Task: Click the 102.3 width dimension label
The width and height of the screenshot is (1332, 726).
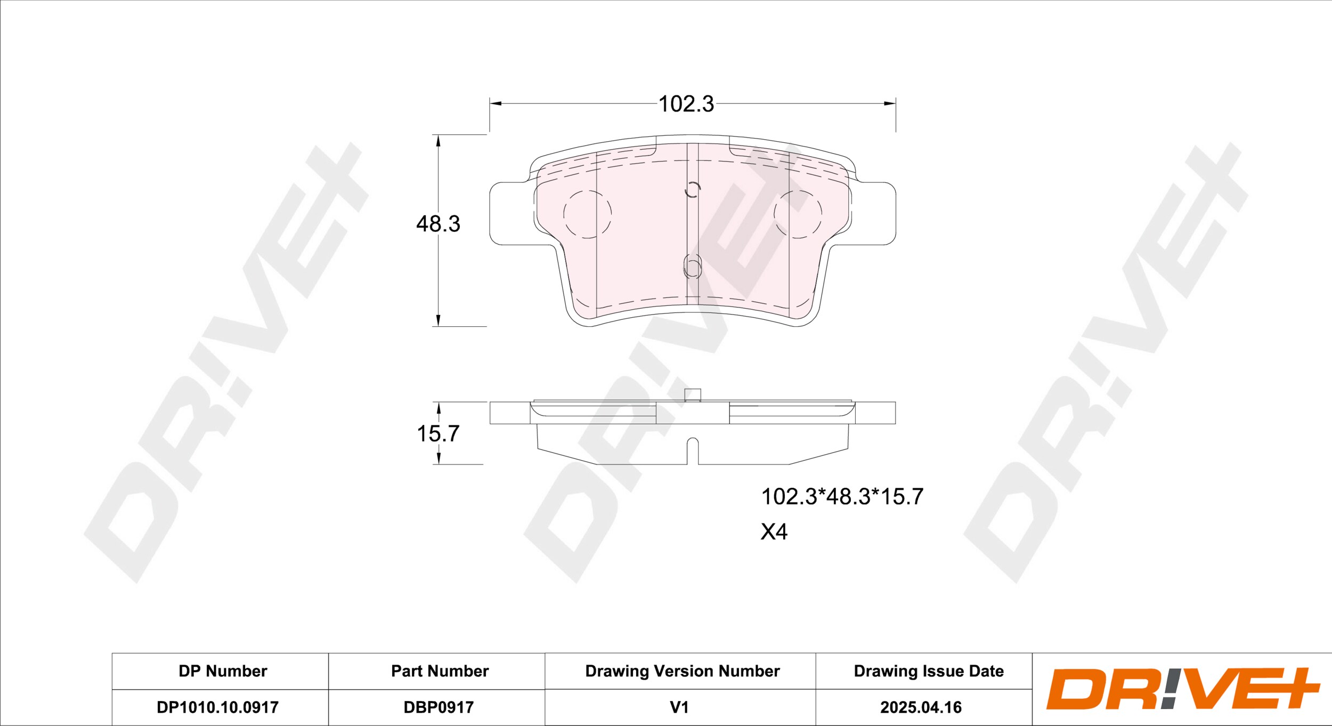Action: click(686, 104)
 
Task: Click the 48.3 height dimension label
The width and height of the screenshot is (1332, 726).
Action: click(438, 224)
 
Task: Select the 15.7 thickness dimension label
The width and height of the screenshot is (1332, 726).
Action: click(438, 434)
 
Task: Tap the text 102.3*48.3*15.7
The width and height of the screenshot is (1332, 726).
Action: click(842, 497)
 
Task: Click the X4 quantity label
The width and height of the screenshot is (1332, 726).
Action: click(774, 532)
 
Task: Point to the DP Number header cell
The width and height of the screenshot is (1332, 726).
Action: click(223, 671)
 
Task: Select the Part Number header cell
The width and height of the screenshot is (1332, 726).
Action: click(440, 671)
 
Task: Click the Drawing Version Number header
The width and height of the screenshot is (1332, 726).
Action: click(683, 671)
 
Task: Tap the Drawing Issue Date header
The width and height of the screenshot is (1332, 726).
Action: click(929, 671)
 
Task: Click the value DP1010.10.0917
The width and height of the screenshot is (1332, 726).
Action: click(217, 707)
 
